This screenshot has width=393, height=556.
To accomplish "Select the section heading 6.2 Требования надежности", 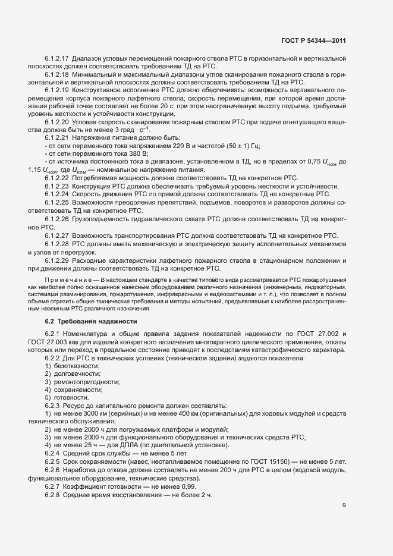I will tap(81, 321).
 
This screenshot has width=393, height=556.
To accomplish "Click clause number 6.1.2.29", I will tap(57, 260).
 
